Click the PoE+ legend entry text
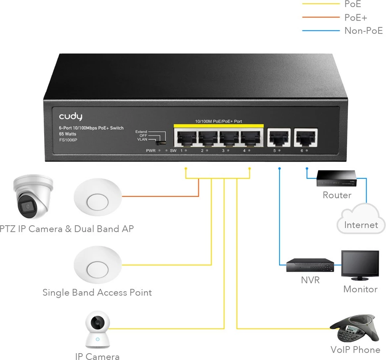[355, 17]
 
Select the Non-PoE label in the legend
[363, 31]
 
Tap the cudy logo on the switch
[71, 117]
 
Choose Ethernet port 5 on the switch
[279, 137]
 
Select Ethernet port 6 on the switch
[306, 137]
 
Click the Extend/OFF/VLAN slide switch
[160, 141]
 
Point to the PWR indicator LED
[160, 151]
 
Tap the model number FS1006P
[68, 139]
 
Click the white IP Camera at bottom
[97, 330]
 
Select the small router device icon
[337, 179]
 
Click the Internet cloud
[360, 219]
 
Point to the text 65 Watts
[67, 134]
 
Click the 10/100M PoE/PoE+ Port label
[219, 121]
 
